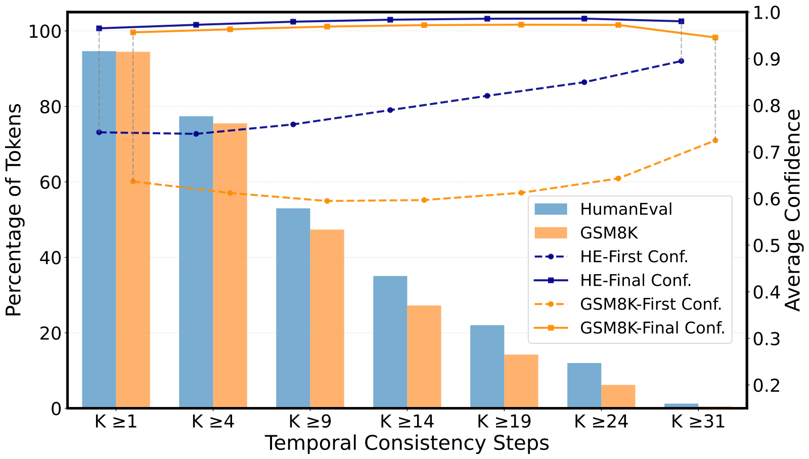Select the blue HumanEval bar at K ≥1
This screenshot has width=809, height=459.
[99, 230]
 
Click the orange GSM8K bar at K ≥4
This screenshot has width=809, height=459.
[230, 266]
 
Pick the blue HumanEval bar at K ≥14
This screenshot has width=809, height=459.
[390, 342]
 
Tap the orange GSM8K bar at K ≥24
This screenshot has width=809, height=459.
[618, 396]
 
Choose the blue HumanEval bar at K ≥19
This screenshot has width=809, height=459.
[487, 367]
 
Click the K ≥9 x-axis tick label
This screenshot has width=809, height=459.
[310, 422]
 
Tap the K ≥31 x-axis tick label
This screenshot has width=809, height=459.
[698, 422]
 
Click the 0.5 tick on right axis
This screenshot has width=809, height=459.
[767, 246]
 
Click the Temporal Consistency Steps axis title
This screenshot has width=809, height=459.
[407, 443]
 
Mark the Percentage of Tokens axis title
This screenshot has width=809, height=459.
[14, 210]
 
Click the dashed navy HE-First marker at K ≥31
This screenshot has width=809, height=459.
[681, 61]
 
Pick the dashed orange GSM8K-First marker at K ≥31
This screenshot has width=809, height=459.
[715, 140]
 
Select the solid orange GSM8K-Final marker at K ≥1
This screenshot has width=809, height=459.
[133, 32]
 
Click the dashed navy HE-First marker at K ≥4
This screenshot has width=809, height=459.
[196, 134]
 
